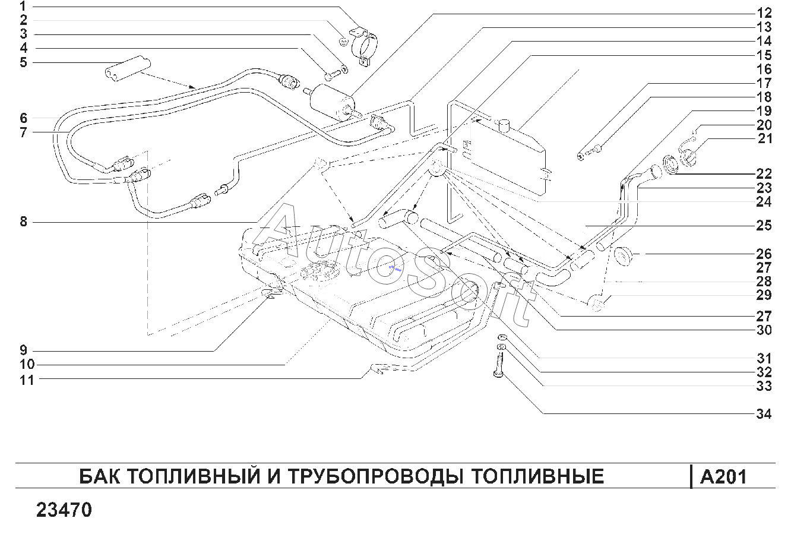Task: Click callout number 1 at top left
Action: coord(23,7)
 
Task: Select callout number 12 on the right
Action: coord(764,14)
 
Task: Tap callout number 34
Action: coord(764,414)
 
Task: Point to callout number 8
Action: coord(23,222)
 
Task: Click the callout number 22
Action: coord(764,174)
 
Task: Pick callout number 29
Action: coord(764,295)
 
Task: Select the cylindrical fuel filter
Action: coord(332,102)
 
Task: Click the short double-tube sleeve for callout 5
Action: coord(128,68)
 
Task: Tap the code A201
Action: coord(723,477)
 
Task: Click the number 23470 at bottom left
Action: coord(64,510)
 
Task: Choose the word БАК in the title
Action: coord(100,476)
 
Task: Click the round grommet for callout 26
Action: coord(623,257)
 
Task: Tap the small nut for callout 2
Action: coord(343,42)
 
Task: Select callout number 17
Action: coord(764,83)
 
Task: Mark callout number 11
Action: coord(27,380)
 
